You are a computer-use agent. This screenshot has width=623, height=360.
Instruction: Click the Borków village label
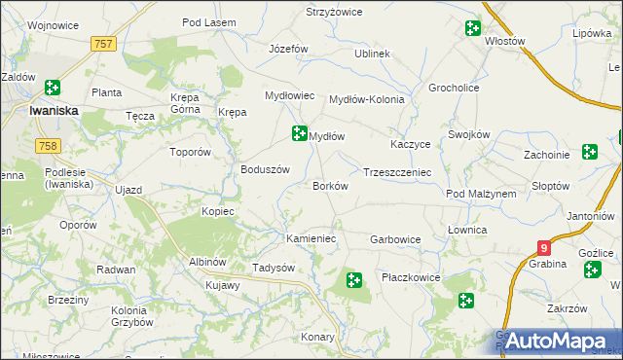pyautogui.click(x=330, y=186)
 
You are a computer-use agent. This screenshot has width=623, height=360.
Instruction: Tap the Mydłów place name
pyautogui.click(x=328, y=137)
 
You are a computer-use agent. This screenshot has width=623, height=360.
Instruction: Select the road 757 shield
pyautogui.click(x=104, y=44)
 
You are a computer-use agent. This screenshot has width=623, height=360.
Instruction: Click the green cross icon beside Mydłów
pyautogui.click(x=299, y=132)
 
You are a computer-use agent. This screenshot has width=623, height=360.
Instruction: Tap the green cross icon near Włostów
pyautogui.click(x=472, y=28)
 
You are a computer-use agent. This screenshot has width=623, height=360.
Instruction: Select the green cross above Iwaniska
pyautogui.click(x=51, y=89)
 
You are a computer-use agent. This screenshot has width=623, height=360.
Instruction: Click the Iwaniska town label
pyautogui.click(x=55, y=111)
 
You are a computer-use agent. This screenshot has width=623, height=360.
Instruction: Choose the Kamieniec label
pyautogui.click(x=311, y=238)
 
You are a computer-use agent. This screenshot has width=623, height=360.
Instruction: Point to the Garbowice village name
pyautogui.click(x=395, y=238)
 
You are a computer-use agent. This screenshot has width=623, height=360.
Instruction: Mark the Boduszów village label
pyautogui.click(x=266, y=168)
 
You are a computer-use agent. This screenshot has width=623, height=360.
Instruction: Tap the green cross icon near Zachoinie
pyautogui.click(x=590, y=151)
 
